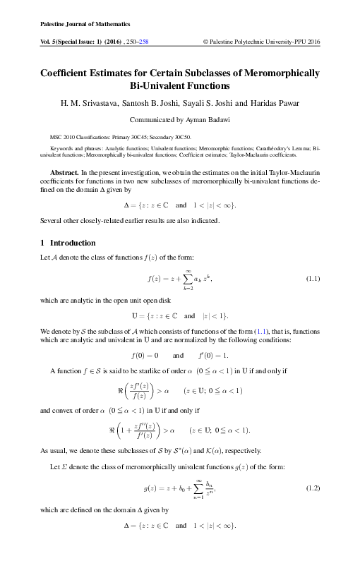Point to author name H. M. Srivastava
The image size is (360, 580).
click(x=85, y=103)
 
